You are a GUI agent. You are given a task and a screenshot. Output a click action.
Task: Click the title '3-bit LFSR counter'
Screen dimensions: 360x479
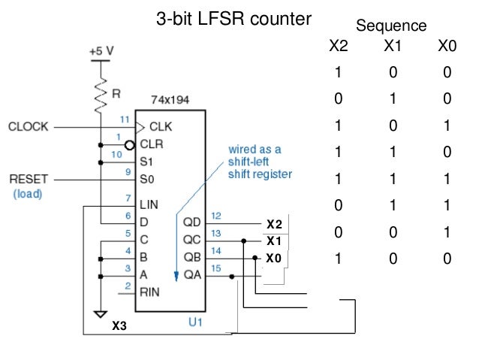[x=233, y=18]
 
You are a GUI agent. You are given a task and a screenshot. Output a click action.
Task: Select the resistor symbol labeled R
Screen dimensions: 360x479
[x=101, y=93]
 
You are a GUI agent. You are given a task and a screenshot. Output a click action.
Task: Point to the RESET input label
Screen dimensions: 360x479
[x=29, y=180]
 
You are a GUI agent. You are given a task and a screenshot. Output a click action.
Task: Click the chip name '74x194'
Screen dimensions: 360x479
[x=169, y=99]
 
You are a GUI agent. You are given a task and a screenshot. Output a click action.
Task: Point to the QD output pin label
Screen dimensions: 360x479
[x=192, y=222]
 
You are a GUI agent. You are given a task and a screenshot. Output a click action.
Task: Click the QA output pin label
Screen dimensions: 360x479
[x=192, y=276]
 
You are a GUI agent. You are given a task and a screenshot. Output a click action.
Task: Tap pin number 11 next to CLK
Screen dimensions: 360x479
[x=125, y=119]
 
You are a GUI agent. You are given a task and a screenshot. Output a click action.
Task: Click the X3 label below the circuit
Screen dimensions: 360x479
[x=119, y=327]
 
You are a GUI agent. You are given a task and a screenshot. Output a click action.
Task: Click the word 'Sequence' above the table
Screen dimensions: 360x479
[x=391, y=26]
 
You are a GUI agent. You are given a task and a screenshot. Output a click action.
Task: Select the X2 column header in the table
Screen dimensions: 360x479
[x=339, y=47]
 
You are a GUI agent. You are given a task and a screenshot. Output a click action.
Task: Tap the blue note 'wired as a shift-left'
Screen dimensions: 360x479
[x=255, y=156]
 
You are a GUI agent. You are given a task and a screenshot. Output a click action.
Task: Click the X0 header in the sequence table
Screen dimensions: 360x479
[x=447, y=47]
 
